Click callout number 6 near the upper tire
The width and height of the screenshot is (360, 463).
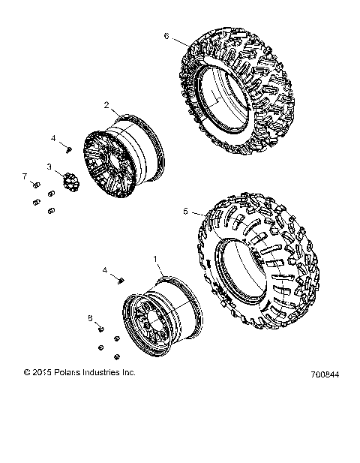click(x=166, y=35)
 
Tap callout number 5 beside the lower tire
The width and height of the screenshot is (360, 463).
click(x=185, y=212)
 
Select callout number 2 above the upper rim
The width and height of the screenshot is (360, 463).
click(x=106, y=105)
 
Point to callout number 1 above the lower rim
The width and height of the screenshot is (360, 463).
click(x=155, y=258)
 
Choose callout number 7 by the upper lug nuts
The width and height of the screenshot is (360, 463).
click(x=24, y=176)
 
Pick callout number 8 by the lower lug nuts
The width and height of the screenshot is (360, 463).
click(x=91, y=318)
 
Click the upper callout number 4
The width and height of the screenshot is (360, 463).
click(x=53, y=139)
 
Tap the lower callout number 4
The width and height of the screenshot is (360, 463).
click(x=105, y=269)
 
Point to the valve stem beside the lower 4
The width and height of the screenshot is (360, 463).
click(x=119, y=279)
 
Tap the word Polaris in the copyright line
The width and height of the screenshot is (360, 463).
click(x=64, y=371)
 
